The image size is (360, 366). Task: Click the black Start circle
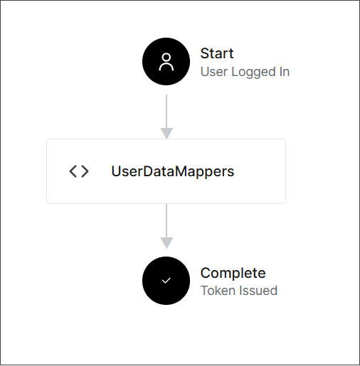pos(166,61)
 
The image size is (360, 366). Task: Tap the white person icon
pos(166,62)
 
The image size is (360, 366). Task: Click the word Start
pos(217,53)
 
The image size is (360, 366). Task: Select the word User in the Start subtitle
pos(214,72)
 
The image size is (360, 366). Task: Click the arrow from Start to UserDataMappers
pos(166,117)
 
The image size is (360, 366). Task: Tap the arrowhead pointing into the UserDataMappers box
pos(166,134)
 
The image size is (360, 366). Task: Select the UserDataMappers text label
pos(173,171)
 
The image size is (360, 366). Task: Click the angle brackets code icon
pos(79,171)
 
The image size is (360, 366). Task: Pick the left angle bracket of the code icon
pos(73,171)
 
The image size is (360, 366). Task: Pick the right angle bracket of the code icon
pos(85,171)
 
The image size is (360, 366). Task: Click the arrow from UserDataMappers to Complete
pos(166,226)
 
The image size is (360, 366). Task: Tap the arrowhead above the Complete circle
pos(166,243)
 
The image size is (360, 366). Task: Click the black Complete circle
pos(166,281)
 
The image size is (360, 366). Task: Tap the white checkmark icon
pos(166,281)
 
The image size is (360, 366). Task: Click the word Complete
pos(233,273)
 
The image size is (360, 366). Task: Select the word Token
pos(218,291)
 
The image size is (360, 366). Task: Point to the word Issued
pos(258,291)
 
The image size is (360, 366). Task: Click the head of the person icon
pos(166,58)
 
